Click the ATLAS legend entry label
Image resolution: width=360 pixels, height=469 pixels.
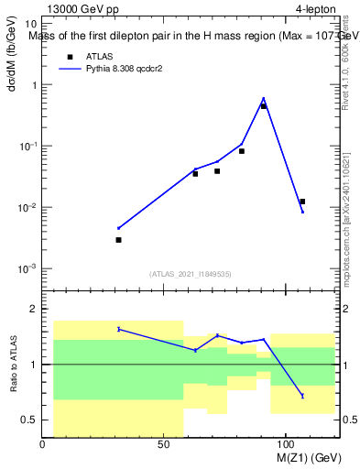tap(99, 56)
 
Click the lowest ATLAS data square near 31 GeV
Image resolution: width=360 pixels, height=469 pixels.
tap(118, 240)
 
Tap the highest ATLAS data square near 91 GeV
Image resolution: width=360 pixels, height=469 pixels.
tap(264, 106)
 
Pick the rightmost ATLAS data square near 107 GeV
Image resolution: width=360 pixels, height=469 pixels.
tap(302, 202)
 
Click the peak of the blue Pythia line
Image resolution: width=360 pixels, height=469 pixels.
tap(264, 98)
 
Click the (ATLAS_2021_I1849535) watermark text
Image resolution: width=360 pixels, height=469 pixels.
tap(191, 273)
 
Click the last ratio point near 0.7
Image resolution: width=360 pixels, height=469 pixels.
tap(302, 396)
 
